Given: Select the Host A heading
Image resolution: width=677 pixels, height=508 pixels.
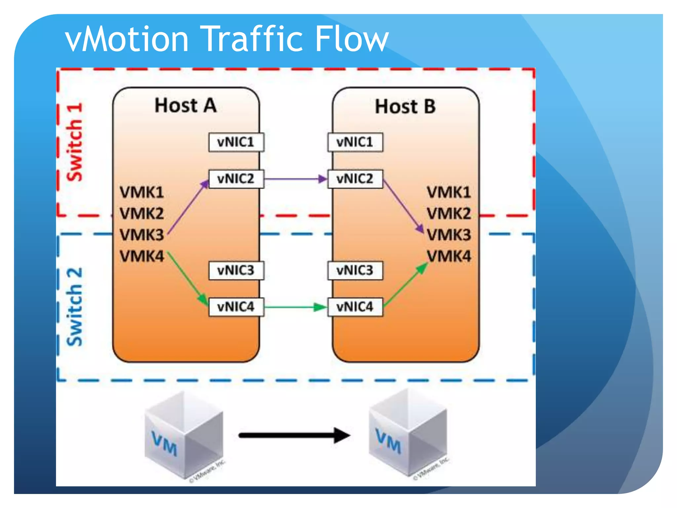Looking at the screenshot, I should (x=185, y=106).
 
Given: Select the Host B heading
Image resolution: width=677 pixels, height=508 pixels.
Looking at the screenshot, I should (x=405, y=106).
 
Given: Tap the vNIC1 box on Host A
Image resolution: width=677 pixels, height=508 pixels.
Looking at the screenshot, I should (x=236, y=142).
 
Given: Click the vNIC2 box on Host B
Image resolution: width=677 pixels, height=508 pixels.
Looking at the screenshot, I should (x=355, y=179).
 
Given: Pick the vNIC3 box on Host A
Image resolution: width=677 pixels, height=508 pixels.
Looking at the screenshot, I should (x=236, y=271).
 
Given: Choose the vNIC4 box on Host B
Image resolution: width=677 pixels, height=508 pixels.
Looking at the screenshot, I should (x=355, y=307).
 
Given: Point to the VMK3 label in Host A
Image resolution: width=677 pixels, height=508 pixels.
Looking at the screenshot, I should (x=142, y=235).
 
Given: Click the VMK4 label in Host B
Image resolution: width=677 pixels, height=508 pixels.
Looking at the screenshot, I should (x=449, y=256).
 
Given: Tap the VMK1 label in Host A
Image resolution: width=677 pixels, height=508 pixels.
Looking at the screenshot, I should (x=142, y=192).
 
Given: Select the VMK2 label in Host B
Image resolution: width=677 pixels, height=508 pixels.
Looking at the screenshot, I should (x=449, y=214).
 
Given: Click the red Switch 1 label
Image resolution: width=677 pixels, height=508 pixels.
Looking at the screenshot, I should (x=75, y=142).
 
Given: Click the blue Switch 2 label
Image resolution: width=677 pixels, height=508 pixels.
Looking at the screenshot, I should (x=75, y=307).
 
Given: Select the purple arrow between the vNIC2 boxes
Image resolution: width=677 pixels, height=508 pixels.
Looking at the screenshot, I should (x=295, y=179).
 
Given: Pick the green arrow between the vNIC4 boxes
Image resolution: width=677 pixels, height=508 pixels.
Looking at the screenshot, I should (x=295, y=307).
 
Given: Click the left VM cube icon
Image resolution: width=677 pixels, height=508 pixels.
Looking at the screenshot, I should (x=184, y=435).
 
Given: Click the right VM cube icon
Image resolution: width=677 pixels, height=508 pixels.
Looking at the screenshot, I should (x=408, y=432).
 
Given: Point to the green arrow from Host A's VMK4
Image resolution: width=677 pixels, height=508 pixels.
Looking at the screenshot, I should (x=187, y=278).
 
